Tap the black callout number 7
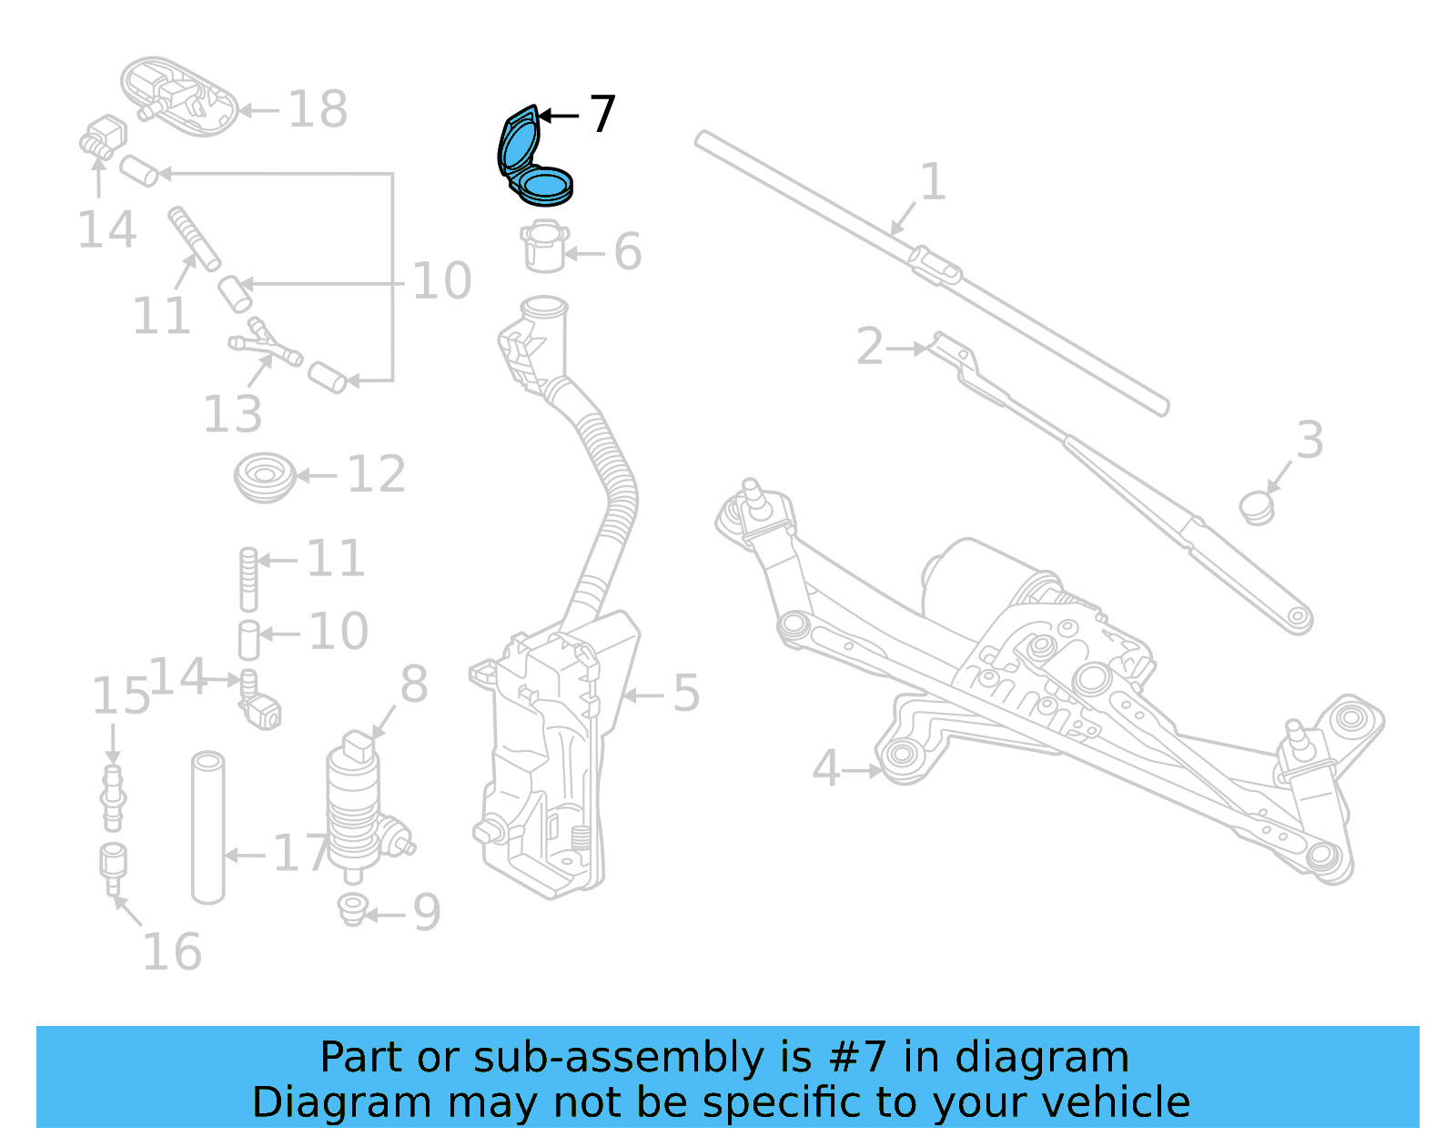[602, 115]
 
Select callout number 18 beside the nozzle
[318, 110]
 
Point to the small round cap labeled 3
[1258, 507]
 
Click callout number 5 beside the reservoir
[686, 694]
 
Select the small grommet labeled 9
[352, 909]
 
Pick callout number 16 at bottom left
[172, 952]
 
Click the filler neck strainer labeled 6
[545, 248]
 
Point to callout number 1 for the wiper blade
[933, 182]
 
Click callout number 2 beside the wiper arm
[870, 348]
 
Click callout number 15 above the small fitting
[120, 697]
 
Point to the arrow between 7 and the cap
[559, 116]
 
